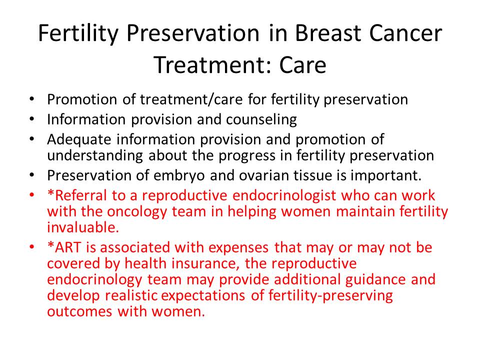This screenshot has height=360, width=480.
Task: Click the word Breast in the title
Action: coord(328,33)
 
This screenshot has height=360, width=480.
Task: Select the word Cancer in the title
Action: coord(405,33)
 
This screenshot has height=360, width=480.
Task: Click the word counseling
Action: coord(261,119)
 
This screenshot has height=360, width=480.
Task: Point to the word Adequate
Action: coord(79,140)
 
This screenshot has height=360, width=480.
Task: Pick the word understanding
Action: coord(95,155)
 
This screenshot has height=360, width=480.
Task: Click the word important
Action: coord(386,175)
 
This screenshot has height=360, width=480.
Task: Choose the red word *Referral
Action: coord(77,195)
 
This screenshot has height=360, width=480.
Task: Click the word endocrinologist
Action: coord(284,196)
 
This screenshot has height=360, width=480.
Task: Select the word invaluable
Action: coord(83,227)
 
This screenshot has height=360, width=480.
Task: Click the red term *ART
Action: coord(64,247)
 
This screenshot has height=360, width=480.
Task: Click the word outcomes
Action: coord(79,311)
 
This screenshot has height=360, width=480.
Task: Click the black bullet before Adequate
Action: coord(32,138)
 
